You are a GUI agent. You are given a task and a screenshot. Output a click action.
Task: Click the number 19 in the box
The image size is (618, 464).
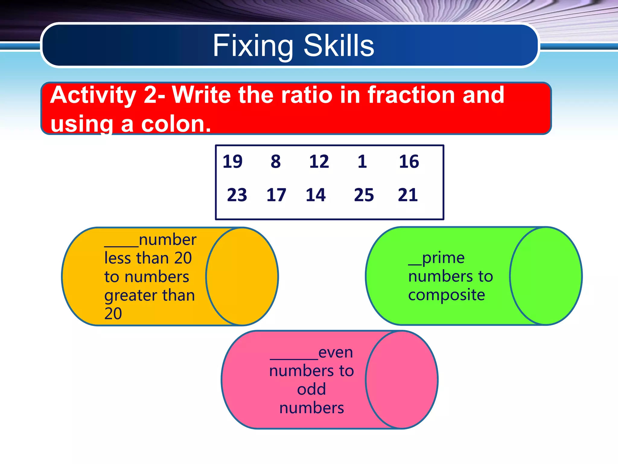[232, 161]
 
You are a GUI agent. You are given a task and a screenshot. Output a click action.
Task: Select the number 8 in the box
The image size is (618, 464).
[276, 161]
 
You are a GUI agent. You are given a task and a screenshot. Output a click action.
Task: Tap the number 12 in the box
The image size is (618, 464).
[319, 161]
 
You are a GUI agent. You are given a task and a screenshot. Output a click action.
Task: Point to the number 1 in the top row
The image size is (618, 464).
[362, 161]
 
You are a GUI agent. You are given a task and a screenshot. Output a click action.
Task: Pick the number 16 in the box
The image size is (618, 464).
[409, 161]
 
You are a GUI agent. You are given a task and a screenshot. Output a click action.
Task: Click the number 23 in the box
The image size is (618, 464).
[237, 195]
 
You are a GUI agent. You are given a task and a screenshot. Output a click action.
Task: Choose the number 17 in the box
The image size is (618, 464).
[276, 195]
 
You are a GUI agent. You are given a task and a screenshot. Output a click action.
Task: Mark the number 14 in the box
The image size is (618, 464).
[316, 195]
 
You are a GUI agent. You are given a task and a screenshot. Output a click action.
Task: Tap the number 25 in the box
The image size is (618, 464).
[364, 195]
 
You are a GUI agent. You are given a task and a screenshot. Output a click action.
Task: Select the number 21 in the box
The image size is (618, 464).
[408, 195]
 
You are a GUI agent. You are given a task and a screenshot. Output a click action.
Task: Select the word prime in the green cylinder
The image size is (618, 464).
[443, 258]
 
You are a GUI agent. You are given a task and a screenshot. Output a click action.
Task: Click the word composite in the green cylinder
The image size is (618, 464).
[446, 295]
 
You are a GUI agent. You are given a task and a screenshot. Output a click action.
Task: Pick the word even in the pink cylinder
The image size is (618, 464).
[336, 353]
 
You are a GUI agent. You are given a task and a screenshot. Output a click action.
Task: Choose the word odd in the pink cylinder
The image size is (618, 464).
[311, 389]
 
